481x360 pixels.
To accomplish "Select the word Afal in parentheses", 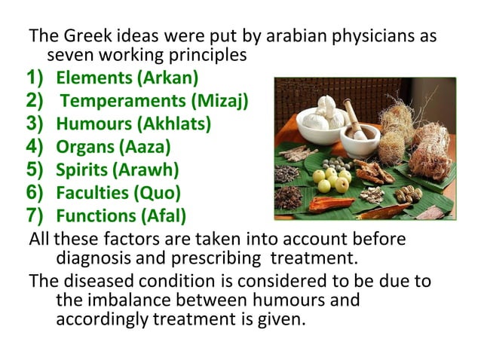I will [x=166, y=217].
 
